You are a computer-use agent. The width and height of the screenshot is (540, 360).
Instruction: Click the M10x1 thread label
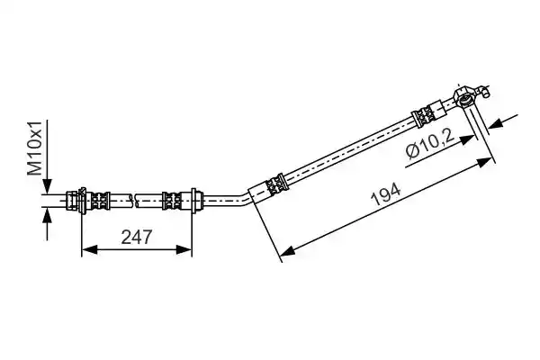click(35, 148)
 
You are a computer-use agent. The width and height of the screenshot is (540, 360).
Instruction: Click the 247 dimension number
click(137, 237)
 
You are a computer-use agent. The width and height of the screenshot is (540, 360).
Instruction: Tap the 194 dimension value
click(386, 194)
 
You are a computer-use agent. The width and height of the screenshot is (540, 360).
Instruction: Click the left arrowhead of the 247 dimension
click(89, 250)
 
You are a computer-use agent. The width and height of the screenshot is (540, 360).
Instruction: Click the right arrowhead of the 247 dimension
click(184, 250)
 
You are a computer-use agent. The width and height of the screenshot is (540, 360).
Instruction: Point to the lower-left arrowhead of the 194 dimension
click(288, 250)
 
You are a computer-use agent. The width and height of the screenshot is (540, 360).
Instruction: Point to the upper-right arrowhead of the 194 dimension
click(484, 161)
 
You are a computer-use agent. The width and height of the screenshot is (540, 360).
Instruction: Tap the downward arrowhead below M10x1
click(48, 186)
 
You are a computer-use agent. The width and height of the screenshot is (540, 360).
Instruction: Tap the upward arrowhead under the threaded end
click(48, 216)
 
